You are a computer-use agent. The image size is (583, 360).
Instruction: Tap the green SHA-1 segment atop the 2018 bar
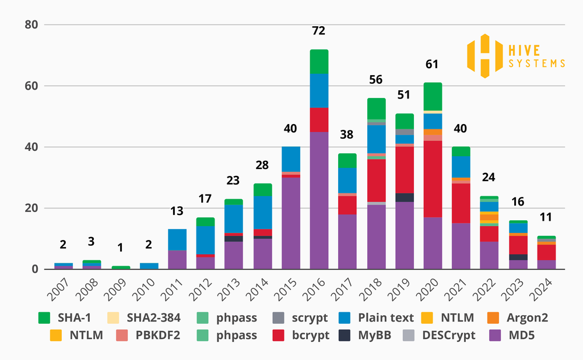pyautogui.click(x=376, y=109)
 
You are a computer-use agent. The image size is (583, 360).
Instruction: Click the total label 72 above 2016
pyautogui.click(x=318, y=30)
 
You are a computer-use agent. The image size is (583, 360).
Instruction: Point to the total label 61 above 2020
pyautogui.click(x=431, y=64)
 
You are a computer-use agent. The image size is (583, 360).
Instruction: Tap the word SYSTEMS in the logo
pyautogui.click(x=537, y=63)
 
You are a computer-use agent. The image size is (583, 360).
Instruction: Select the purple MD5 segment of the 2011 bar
pyautogui.click(x=177, y=259)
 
